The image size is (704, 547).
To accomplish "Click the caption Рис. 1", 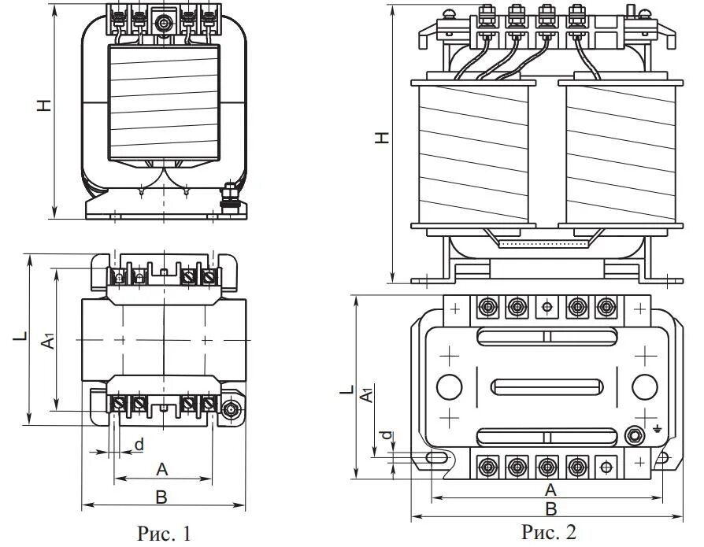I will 164,534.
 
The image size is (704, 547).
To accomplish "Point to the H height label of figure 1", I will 45,105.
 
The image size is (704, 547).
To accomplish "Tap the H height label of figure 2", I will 382,138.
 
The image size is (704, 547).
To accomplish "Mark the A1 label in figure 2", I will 366,394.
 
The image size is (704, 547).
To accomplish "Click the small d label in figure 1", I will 139,445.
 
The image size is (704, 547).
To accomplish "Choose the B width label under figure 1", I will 161,497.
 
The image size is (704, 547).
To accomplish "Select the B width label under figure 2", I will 552,508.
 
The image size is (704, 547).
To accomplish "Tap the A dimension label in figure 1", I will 162,470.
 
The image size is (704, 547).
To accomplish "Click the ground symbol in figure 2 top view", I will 658,430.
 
